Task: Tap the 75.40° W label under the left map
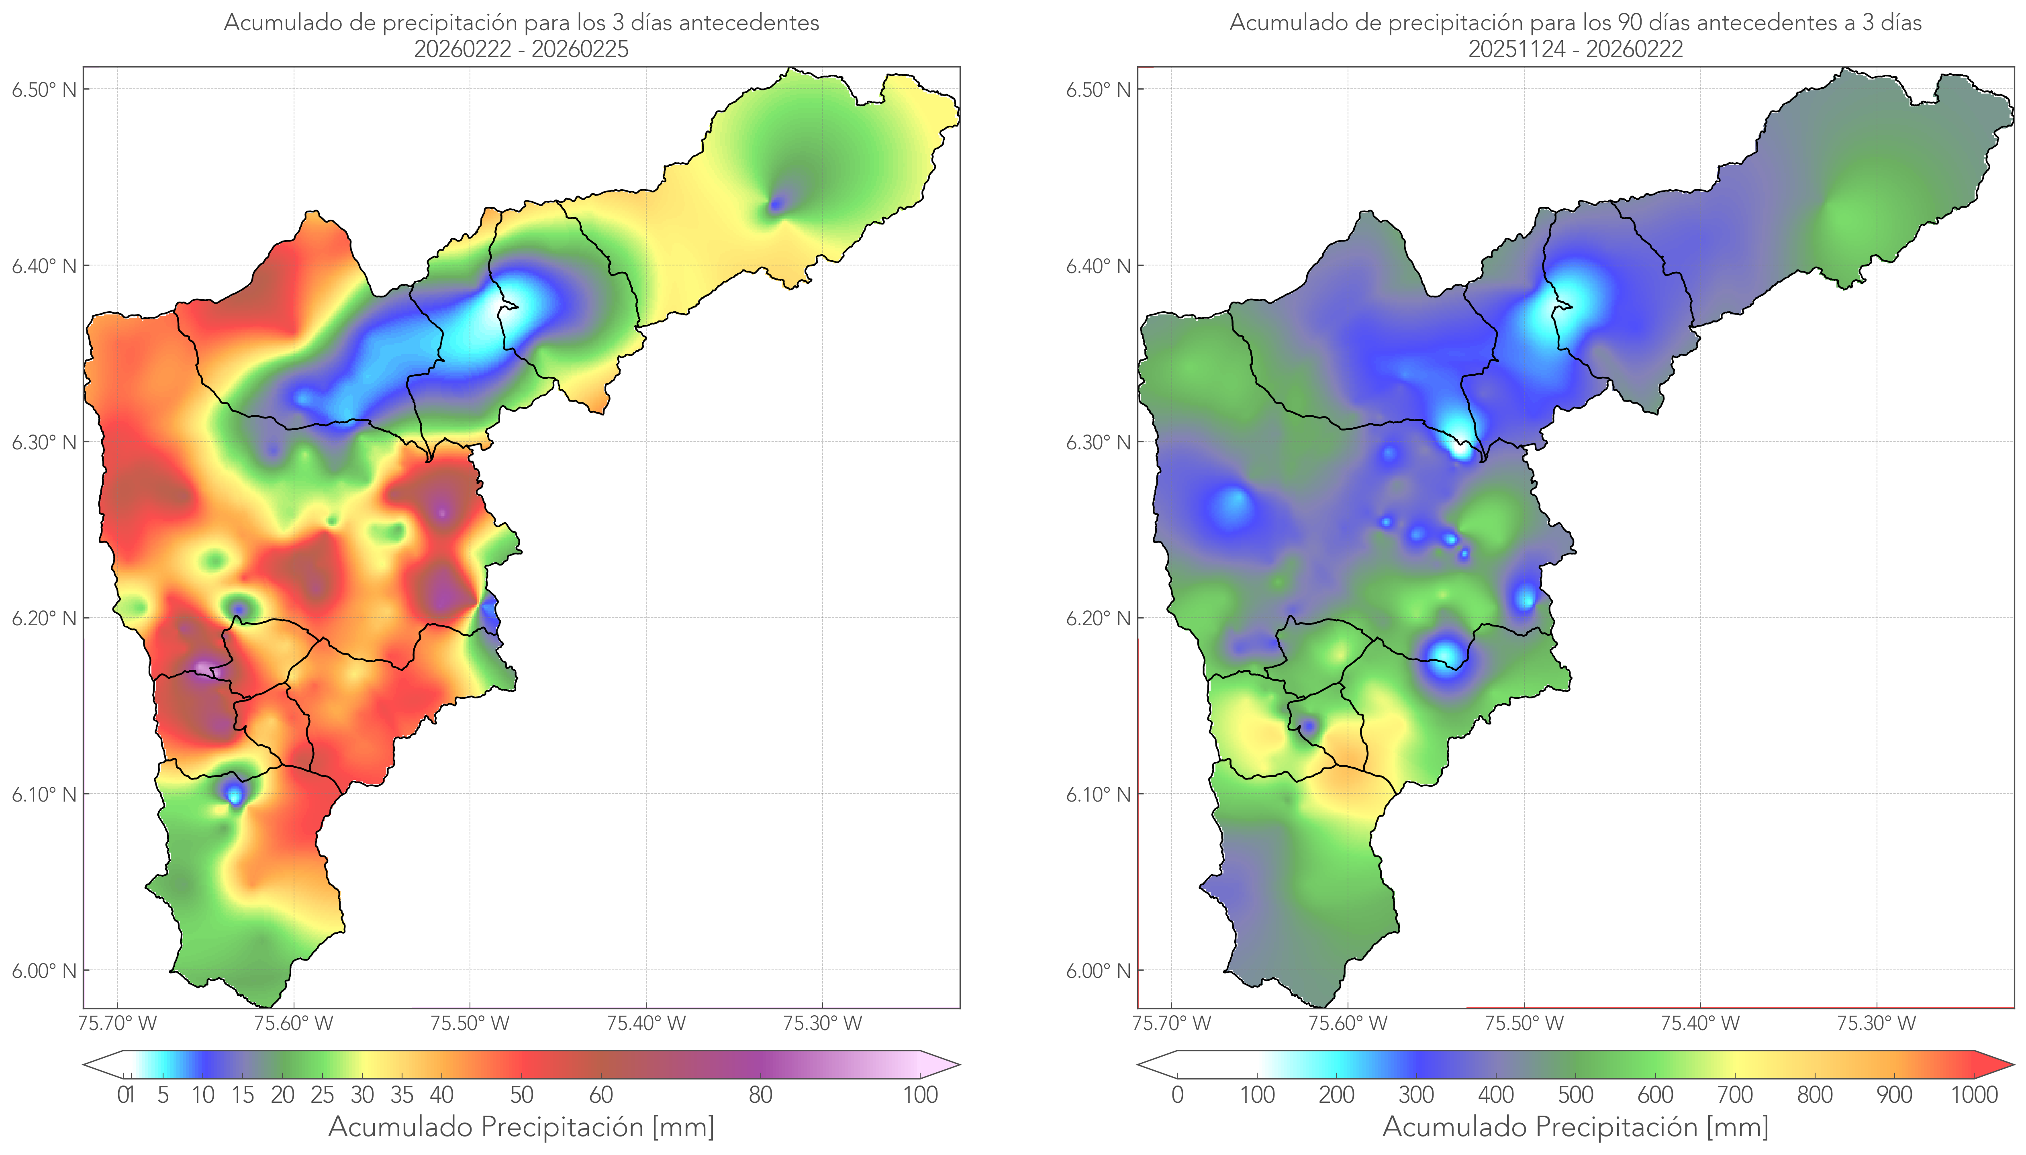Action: pos(646,1023)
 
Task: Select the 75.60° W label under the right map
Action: pos(1348,1023)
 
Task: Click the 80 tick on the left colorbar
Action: pos(760,1095)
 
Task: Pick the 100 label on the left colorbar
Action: pos(920,1095)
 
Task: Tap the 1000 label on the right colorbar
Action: pos(1974,1095)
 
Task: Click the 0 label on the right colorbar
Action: pos(1177,1095)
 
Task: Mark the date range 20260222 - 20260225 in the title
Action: pos(521,49)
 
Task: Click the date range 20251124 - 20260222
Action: pos(1575,49)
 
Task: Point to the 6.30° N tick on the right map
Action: pos(1099,442)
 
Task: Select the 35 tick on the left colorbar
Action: pos(402,1095)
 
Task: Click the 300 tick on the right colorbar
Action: pos(1416,1095)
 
